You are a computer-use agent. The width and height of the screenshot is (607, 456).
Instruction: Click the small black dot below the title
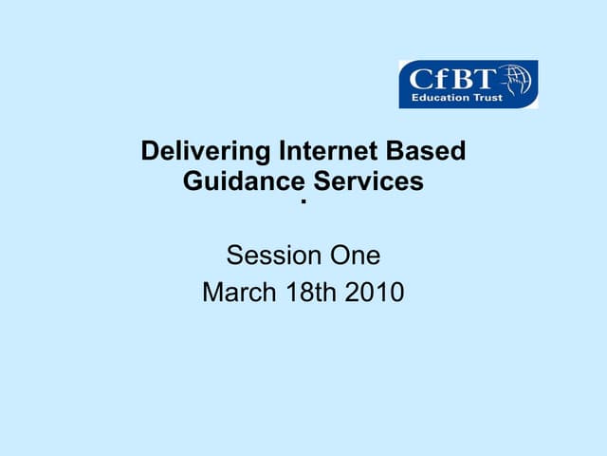[303, 202]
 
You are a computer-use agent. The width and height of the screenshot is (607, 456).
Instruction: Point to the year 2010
[375, 293]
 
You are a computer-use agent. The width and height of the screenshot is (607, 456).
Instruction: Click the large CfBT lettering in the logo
[447, 78]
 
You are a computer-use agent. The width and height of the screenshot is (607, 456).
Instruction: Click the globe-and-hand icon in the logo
[518, 81]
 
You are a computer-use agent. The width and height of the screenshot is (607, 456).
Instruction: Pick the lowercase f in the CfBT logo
[433, 77]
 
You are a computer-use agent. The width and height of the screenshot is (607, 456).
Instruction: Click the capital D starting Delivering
[149, 151]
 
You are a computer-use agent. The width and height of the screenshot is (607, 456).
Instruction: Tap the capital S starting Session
[233, 256]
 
